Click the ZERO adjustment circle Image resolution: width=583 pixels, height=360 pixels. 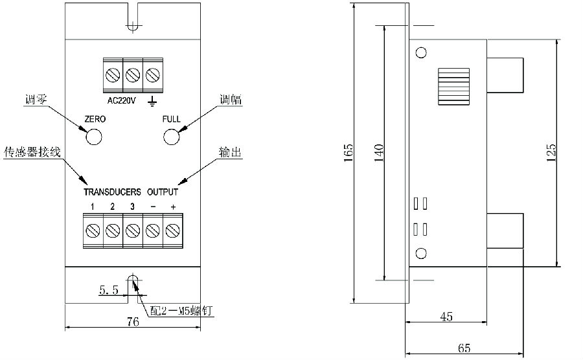click(95, 137)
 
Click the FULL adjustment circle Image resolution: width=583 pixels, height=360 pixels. click(171, 137)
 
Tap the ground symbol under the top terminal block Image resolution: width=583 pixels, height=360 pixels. click(152, 100)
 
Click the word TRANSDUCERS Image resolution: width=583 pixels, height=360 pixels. click(112, 192)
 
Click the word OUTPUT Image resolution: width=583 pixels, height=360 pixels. click(163, 192)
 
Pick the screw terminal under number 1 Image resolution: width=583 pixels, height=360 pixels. click(93, 230)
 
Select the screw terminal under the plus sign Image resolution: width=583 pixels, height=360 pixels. click(172, 230)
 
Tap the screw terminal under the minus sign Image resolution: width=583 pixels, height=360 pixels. click(153, 230)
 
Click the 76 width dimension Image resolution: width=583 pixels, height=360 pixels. click(132, 322)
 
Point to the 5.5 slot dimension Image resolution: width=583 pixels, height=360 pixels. click(108, 291)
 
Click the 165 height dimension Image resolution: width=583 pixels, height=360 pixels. click(348, 152)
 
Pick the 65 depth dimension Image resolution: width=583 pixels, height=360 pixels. click(464, 348)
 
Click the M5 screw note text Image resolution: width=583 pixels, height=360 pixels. click(181, 311)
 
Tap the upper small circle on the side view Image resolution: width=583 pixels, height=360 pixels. click(421, 52)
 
